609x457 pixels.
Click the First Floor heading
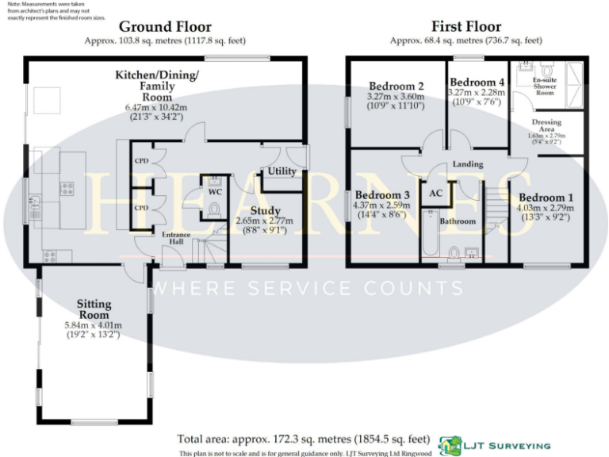[x=466, y=26]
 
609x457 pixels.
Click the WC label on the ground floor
[x=214, y=192]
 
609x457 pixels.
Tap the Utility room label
[x=282, y=171]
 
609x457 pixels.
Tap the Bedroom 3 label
[x=382, y=195]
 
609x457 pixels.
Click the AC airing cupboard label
[x=435, y=193]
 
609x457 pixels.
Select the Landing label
[x=468, y=164]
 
